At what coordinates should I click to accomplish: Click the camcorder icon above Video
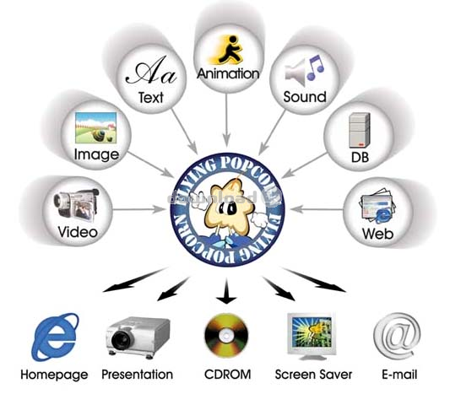point(76,204)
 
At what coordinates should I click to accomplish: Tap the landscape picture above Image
point(96,128)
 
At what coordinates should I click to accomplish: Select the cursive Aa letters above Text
point(151,71)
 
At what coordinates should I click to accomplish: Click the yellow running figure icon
point(227,50)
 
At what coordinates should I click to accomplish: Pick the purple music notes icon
point(316,67)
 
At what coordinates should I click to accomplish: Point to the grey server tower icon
point(360,130)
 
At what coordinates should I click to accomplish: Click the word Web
point(377,234)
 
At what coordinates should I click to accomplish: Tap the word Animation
point(228,73)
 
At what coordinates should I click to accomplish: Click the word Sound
point(305,97)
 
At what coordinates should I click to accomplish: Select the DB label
point(360,157)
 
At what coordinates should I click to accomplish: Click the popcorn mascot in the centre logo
point(229,208)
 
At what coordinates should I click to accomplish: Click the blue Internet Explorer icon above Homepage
point(55,337)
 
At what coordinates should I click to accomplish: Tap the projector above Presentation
point(138,337)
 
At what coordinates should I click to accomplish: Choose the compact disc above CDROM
point(226,336)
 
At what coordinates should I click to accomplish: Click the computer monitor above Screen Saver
point(312,336)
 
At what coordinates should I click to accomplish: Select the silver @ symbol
point(397,335)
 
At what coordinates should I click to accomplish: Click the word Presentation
point(137,375)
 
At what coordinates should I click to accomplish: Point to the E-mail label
point(399,375)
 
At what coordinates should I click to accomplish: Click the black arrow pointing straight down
point(226,290)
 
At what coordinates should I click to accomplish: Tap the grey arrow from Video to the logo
point(139,209)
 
